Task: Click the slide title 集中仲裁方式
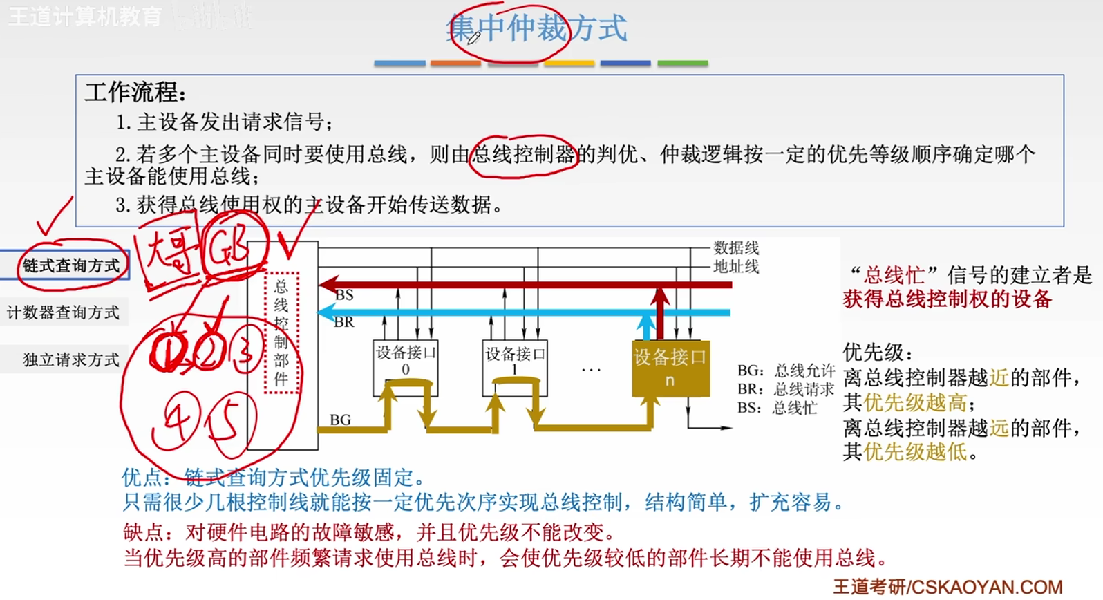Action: coord(536,29)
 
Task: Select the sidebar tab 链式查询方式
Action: coord(70,265)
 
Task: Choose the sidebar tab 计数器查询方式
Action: coord(64,312)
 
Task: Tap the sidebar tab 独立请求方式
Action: coord(71,359)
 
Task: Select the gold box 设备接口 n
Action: coord(670,368)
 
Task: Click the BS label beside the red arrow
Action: coord(344,295)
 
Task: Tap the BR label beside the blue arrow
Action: coord(344,321)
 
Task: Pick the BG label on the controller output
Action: coord(340,420)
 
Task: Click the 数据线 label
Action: coord(736,247)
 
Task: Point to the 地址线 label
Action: coord(736,266)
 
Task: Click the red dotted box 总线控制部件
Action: coord(281,332)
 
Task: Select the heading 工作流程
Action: coord(135,93)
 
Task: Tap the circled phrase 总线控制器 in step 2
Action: coord(524,154)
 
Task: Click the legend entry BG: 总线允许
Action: coord(786,371)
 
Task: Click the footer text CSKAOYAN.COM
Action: coord(987,588)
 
